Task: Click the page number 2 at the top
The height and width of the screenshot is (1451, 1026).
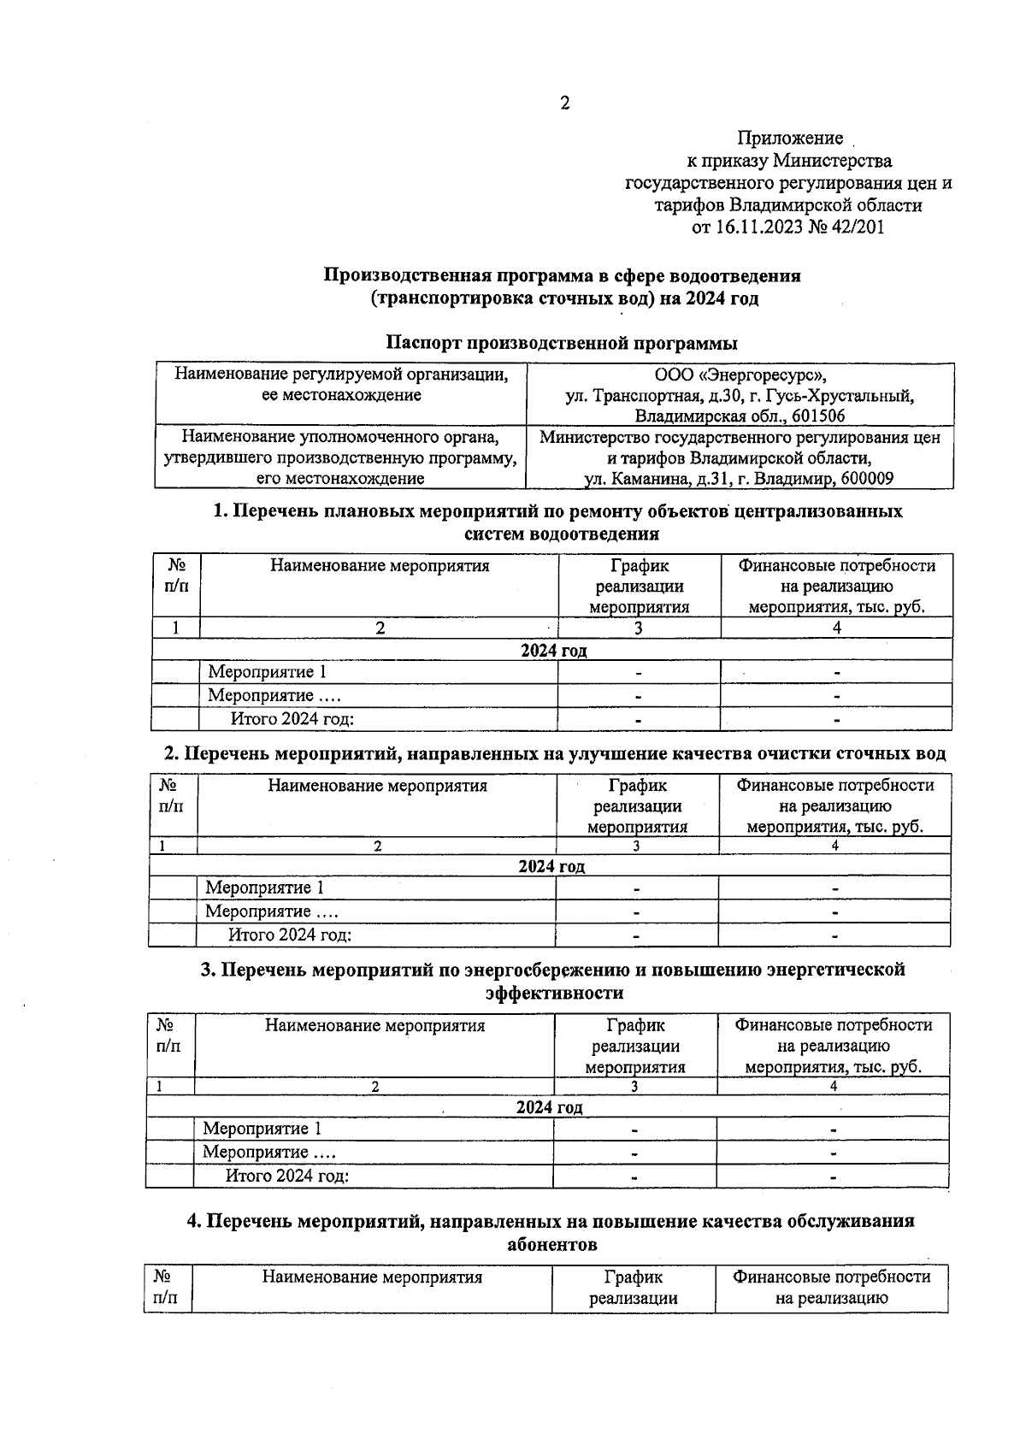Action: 564,104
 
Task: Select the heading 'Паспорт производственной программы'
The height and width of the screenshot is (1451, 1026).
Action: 562,344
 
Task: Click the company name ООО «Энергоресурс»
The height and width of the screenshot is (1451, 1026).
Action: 740,375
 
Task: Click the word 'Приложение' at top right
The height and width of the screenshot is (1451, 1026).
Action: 790,139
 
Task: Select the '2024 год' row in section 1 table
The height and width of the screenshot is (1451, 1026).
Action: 553,651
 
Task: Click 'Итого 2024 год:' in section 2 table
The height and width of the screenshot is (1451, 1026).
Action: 290,935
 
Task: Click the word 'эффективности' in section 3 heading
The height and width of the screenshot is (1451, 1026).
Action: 554,994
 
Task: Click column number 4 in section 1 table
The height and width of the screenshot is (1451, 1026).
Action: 836,628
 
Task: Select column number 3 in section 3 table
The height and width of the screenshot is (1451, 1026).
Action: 634,1087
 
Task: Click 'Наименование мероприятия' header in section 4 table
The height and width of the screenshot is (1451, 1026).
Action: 372,1277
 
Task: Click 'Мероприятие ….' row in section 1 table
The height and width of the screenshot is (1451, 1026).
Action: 268,696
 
